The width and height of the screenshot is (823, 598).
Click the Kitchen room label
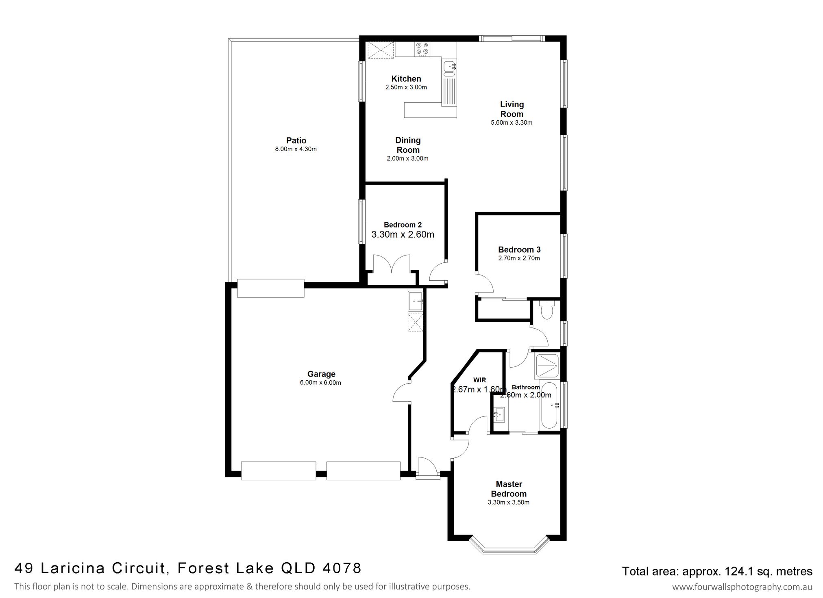coord(406,79)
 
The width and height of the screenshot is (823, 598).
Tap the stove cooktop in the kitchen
coord(423,49)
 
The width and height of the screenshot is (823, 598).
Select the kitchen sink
coord(449,68)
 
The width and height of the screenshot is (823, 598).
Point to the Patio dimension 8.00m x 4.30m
coord(296,149)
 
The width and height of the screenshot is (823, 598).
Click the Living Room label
coord(512,109)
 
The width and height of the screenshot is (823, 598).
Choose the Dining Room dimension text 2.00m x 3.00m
coord(407,158)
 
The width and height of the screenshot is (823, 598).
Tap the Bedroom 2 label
coord(403,225)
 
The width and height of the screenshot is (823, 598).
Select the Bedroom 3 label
coord(519,249)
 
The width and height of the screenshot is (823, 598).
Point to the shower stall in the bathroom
coord(547,366)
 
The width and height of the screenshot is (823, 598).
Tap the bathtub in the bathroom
coord(549,405)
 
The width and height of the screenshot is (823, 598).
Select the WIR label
coord(480,380)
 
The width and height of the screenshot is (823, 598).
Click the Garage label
coord(321,374)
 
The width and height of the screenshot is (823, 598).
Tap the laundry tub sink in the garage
coord(416,301)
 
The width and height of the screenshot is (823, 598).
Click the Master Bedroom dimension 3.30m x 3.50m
coord(509,502)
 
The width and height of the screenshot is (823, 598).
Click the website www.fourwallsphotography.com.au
coord(742,587)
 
